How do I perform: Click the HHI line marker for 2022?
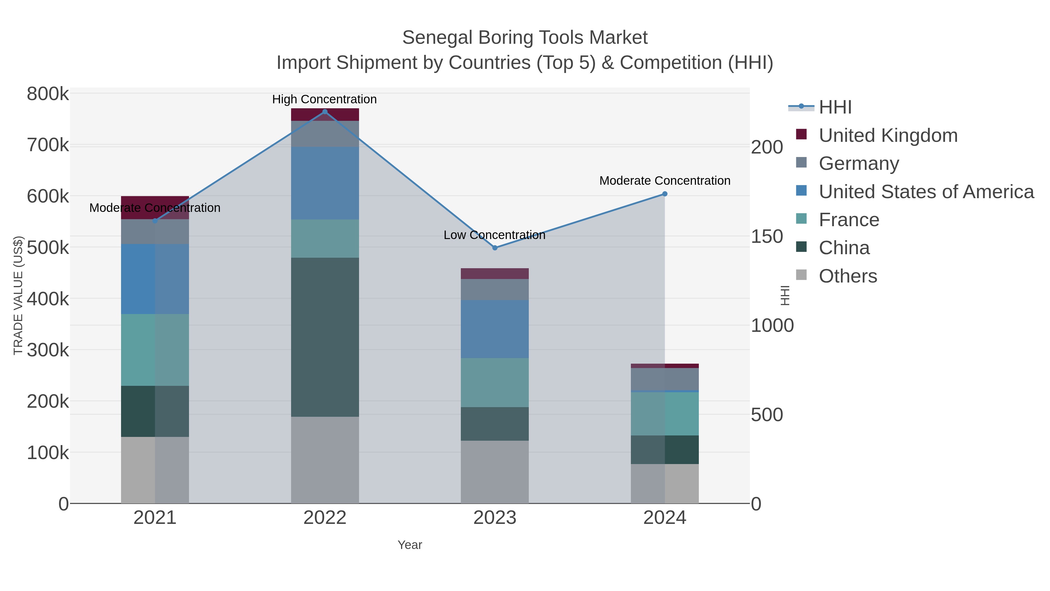325,112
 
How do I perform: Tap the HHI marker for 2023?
495,247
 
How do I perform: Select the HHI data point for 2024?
665,194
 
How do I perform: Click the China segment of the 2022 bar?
325,337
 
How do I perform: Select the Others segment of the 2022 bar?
325,460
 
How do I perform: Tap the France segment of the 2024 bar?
665,413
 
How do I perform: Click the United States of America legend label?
926,192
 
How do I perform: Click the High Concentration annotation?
324,99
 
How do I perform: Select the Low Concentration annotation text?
494,235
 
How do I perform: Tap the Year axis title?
410,545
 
